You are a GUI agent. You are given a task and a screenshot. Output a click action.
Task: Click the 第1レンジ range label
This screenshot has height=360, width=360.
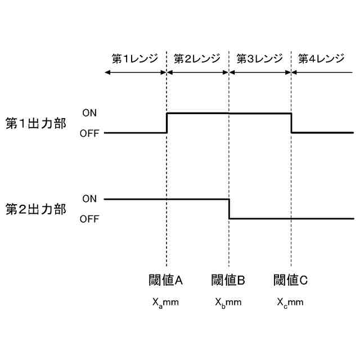[135, 58]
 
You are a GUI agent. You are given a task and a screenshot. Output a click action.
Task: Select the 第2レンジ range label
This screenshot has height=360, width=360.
[197, 58]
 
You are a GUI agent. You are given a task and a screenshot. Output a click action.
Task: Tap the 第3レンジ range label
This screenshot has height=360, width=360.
[259, 58]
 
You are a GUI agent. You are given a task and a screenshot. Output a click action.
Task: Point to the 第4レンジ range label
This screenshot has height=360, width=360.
[321, 58]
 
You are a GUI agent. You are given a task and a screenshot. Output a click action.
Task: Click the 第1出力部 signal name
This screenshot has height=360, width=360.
[35, 123]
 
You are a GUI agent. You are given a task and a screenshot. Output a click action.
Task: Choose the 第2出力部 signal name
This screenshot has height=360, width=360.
[35, 209]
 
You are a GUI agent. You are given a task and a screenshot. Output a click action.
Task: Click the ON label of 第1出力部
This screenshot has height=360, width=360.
[89, 113]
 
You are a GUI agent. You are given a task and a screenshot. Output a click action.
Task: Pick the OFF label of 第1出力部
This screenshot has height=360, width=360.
[89, 133]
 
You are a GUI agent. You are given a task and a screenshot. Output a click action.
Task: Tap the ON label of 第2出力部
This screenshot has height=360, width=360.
[89, 199]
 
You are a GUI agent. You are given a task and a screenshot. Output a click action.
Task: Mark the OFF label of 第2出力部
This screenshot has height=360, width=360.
[89, 219]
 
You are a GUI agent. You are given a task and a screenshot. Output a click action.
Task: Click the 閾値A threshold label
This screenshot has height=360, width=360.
[166, 280]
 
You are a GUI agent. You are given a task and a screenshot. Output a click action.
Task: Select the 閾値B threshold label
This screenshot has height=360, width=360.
[228, 280]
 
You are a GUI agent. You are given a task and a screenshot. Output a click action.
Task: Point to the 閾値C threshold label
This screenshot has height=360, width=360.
[290, 280]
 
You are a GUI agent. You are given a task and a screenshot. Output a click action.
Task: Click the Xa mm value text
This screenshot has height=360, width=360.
[165, 302]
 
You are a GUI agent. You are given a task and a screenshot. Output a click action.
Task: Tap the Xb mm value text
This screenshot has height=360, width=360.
[228, 302]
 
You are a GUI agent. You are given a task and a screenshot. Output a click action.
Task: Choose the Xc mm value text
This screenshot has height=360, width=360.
[290, 302]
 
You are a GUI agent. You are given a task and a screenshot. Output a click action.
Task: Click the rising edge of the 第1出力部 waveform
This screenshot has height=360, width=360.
[167, 123]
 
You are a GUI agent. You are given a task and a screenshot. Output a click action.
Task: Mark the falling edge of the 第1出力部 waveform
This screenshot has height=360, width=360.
[291, 123]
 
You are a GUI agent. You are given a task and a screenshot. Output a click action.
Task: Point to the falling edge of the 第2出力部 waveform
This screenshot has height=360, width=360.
[229, 209]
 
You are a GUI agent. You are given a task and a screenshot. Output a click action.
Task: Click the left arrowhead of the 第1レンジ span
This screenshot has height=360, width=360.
[107, 72]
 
